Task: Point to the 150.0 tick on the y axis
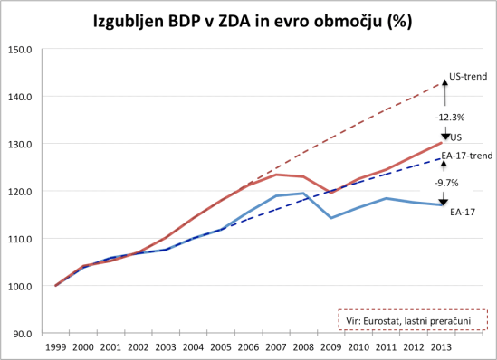(20, 49)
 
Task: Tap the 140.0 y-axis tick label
(20, 97)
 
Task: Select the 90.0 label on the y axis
(22, 334)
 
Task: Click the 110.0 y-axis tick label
(20, 239)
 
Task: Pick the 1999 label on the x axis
(56, 346)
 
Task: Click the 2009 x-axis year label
(331, 346)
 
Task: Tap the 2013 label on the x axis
(442, 346)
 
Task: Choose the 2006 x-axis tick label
(249, 346)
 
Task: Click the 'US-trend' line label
(468, 77)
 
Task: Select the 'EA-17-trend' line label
(471, 156)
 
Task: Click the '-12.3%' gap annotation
(450, 117)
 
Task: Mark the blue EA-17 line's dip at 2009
(331, 218)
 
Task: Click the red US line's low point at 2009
(331, 193)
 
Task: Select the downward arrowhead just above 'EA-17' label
(444, 202)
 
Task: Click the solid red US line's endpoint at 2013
(442, 143)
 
